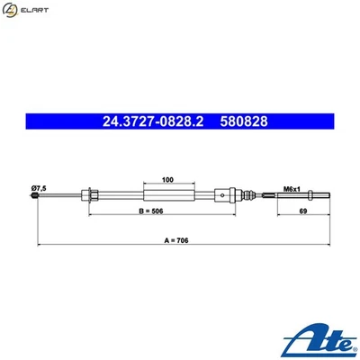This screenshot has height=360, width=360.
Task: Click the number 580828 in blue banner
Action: point(242,119)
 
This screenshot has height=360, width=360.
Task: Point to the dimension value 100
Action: point(166,179)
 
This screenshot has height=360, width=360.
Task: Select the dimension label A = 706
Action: point(181,243)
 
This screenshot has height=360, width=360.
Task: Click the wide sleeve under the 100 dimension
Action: point(167,196)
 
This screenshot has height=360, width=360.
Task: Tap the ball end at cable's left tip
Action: point(35,197)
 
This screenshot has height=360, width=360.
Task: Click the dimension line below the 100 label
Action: point(167,184)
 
